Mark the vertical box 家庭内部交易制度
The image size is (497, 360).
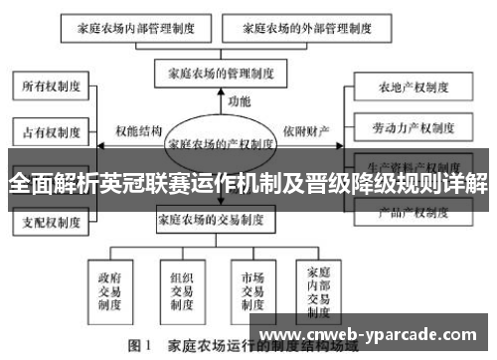click(x=318, y=286)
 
